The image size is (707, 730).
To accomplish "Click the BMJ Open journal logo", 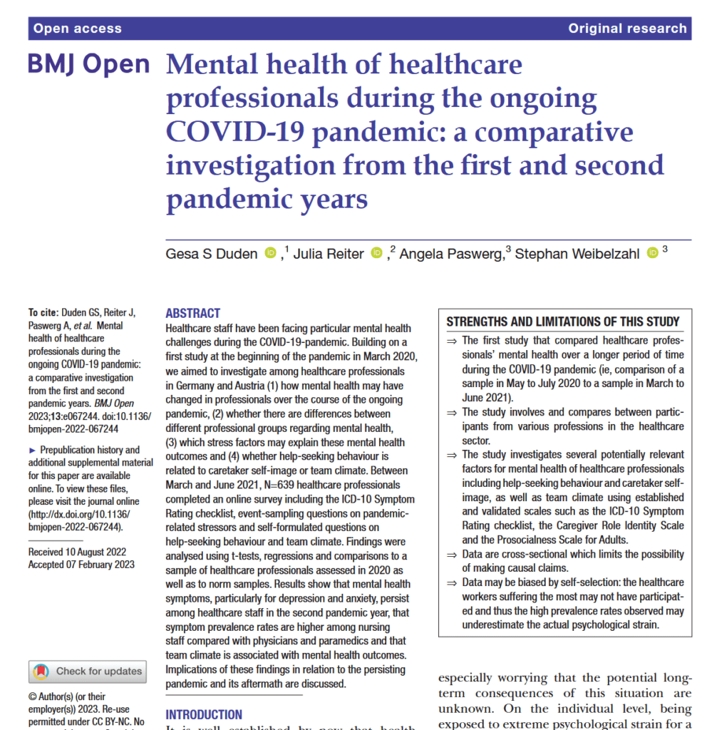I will (x=89, y=65).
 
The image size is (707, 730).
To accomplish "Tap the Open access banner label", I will (x=78, y=29).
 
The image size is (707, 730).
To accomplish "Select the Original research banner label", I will (x=627, y=29).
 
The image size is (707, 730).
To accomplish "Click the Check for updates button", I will (x=88, y=671).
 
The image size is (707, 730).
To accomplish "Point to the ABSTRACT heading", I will (x=192, y=314).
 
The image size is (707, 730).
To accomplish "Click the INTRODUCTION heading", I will (x=204, y=714).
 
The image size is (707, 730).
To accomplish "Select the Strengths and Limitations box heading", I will (x=563, y=322).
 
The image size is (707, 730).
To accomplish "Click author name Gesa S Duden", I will (x=212, y=254).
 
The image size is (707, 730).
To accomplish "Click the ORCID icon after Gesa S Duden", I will (x=270, y=252).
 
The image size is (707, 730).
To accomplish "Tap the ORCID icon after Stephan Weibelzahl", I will (x=652, y=252).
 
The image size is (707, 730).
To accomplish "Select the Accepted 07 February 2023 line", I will (x=81, y=565).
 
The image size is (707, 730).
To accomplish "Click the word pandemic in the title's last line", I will (x=227, y=198).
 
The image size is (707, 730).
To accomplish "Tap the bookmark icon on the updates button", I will (x=42, y=671).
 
